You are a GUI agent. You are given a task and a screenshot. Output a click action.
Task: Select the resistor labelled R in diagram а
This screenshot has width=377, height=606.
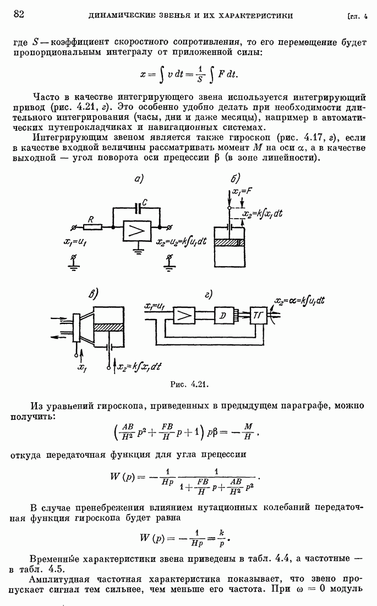point(93,225)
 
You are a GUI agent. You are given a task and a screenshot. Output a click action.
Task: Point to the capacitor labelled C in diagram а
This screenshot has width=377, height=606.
point(136,209)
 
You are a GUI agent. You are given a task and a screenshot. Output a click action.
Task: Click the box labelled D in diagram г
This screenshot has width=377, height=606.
point(223,315)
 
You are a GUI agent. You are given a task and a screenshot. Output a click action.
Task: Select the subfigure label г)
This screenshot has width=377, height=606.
point(208,294)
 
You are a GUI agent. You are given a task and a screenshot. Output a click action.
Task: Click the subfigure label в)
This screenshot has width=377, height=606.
point(91,295)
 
